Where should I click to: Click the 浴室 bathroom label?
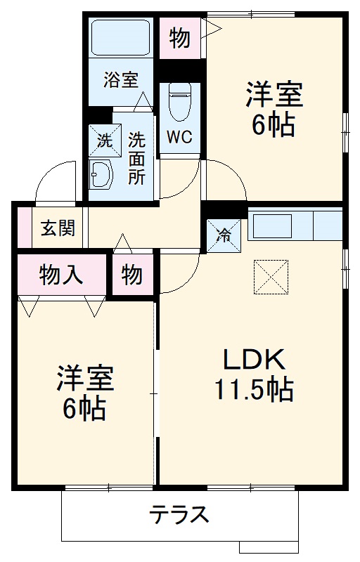point(121,80)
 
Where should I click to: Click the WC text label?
point(179,136)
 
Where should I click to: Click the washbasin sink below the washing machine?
point(101,173)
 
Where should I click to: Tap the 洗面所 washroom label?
point(136,157)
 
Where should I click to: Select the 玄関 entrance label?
point(53,228)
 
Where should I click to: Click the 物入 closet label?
point(62,275)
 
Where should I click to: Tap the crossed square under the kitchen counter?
point(271,275)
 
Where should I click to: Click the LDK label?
point(254,360)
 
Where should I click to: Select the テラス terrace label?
point(179,515)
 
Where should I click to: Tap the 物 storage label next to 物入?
point(131,275)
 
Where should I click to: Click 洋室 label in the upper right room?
point(274,95)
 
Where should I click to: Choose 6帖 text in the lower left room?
point(85,407)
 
